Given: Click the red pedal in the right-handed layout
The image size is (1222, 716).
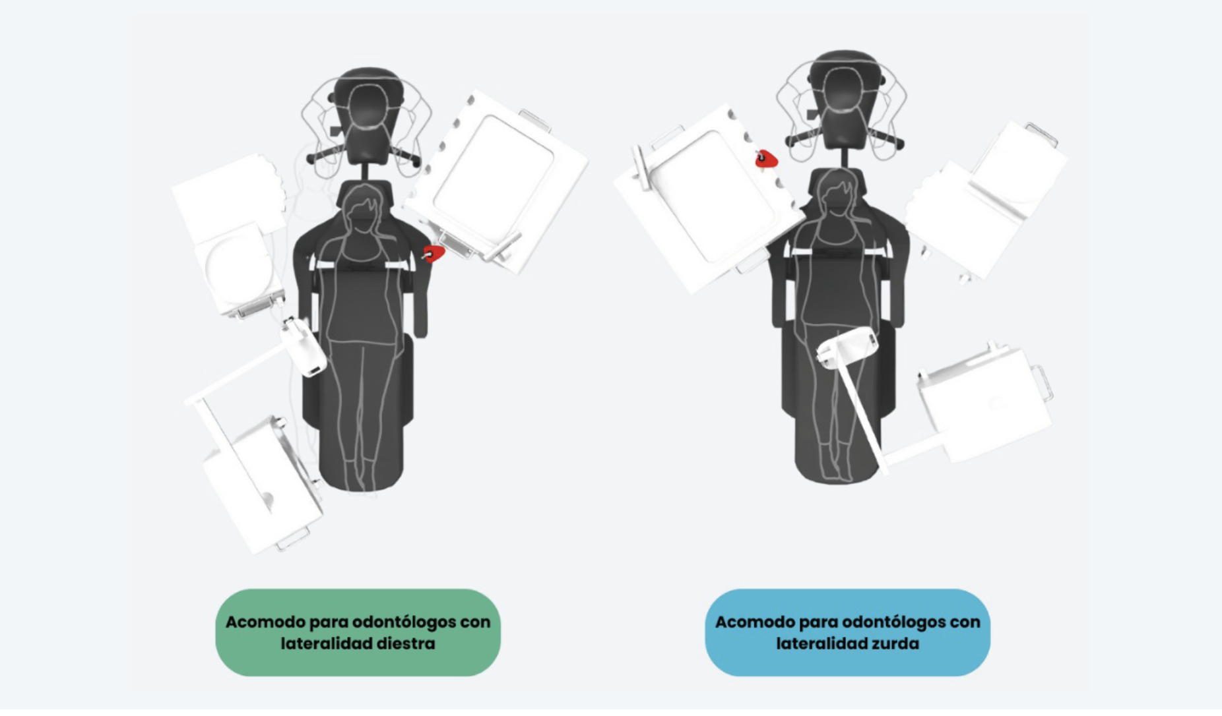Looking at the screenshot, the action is tap(433, 253).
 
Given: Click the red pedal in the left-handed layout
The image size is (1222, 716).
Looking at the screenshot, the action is tap(766, 159).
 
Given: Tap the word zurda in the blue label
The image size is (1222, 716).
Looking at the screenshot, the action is tap(895, 643).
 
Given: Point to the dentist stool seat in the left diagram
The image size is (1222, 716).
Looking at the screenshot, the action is tap(368, 105).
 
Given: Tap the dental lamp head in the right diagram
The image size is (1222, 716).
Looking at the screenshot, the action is tap(847, 347).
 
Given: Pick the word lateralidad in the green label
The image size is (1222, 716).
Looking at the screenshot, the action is tap(323, 643).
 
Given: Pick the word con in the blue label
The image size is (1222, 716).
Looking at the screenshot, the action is tap(965, 622).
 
